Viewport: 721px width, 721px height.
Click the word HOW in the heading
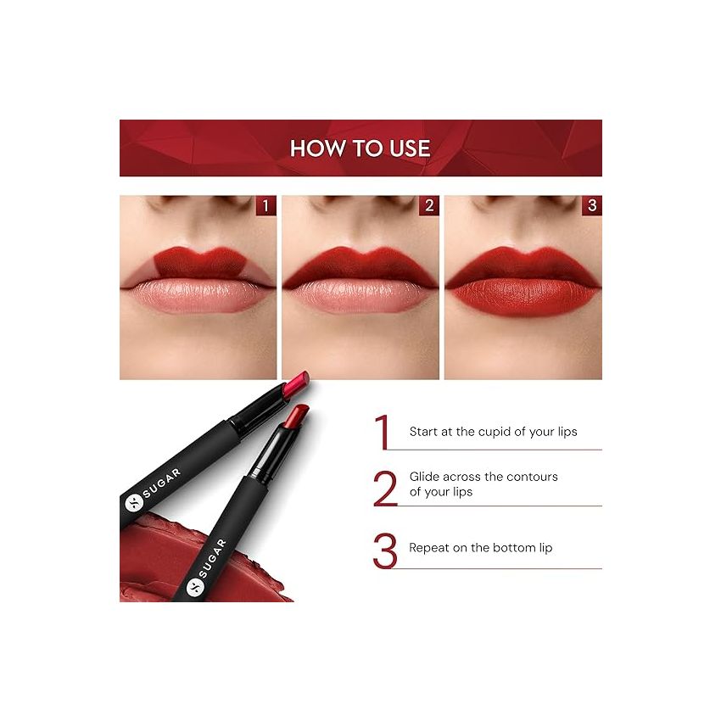[x=312, y=148]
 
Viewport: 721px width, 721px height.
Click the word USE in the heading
[x=411, y=148]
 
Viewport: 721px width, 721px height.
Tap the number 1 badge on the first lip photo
[x=265, y=205]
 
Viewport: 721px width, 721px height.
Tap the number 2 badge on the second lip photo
[x=428, y=205]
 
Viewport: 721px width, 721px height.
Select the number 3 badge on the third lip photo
[x=591, y=205]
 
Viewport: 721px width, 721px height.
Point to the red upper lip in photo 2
[x=360, y=265]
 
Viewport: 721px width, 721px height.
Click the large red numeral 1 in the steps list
[x=383, y=432]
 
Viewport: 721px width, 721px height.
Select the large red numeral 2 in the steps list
[x=384, y=488]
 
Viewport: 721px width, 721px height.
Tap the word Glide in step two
[x=424, y=477]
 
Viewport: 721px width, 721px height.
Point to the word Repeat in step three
[x=429, y=548]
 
